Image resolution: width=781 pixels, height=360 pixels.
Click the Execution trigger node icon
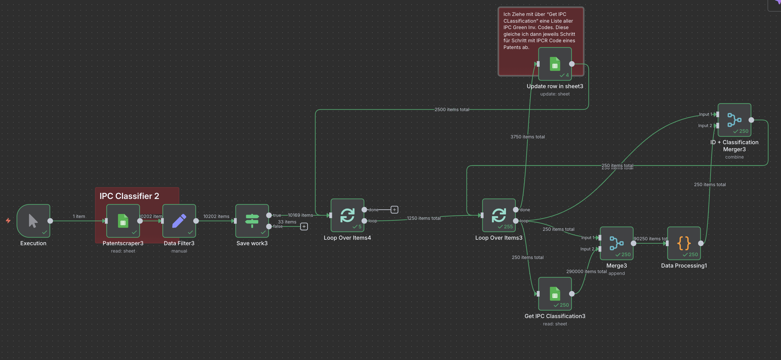[x=33, y=221]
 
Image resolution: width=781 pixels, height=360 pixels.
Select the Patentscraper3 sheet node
[x=123, y=221]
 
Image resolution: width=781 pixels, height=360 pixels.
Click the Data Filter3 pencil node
[x=179, y=221]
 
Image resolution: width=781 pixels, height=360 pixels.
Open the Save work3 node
[x=252, y=221]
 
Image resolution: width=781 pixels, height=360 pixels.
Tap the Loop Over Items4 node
[x=347, y=215]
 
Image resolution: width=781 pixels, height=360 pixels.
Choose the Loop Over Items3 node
[x=499, y=215]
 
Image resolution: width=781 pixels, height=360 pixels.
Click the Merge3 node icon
[x=616, y=243]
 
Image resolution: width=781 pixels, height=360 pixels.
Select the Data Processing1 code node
[x=684, y=243]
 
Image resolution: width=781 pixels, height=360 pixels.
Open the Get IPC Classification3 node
[x=555, y=294]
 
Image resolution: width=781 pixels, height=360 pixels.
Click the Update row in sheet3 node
[x=555, y=64]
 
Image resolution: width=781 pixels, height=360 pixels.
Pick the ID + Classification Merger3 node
[x=734, y=120]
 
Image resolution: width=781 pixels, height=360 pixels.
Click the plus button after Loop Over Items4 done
[x=394, y=210]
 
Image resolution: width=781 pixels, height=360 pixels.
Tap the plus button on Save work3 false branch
[x=304, y=227]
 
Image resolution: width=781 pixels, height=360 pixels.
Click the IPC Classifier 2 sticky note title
[x=129, y=196]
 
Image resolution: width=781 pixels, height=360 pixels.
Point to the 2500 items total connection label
[x=452, y=110]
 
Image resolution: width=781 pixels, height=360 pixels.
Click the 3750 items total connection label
[x=527, y=137]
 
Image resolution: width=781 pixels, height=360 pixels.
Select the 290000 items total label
[x=586, y=272]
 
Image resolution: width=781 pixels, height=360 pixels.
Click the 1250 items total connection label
[x=424, y=218]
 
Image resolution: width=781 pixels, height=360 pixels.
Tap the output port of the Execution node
[x=50, y=221]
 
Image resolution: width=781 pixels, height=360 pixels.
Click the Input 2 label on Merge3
[x=587, y=249]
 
